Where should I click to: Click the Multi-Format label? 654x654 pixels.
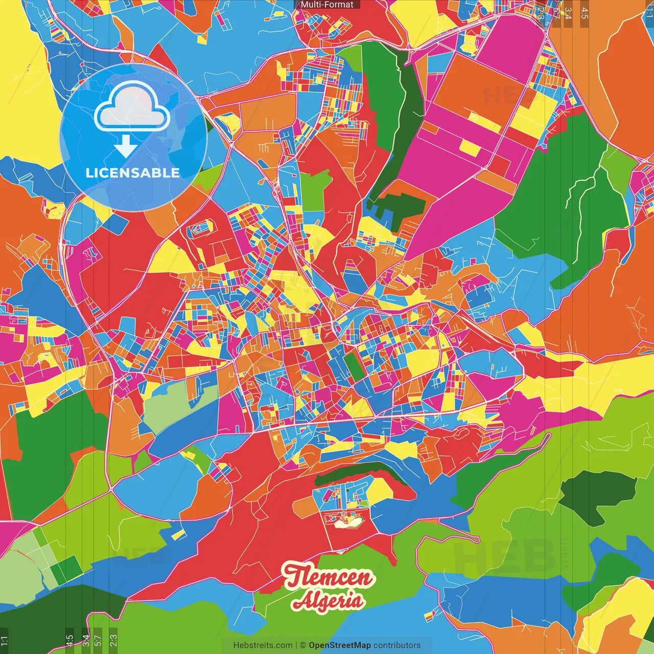click(327, 5)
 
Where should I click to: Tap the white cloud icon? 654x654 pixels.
click(132, 108)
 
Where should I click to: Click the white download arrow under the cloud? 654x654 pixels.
click(125, 146)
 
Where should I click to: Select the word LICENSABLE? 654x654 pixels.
click(133, 173)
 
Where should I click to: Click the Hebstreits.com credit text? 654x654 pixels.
click(263, 645)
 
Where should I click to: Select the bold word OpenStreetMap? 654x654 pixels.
click(340, 645)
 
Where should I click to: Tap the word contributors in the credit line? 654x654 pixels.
click(397, 645)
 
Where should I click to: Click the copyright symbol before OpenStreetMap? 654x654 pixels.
click(303, 645)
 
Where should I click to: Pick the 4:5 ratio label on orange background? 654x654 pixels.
click(585, 13)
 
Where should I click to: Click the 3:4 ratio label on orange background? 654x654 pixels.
click(568, 13)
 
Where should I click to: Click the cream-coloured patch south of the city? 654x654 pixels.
click(347, 522)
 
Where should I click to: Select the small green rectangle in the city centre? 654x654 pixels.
click(353, 365)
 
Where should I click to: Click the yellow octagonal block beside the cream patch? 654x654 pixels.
click(379, 490)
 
